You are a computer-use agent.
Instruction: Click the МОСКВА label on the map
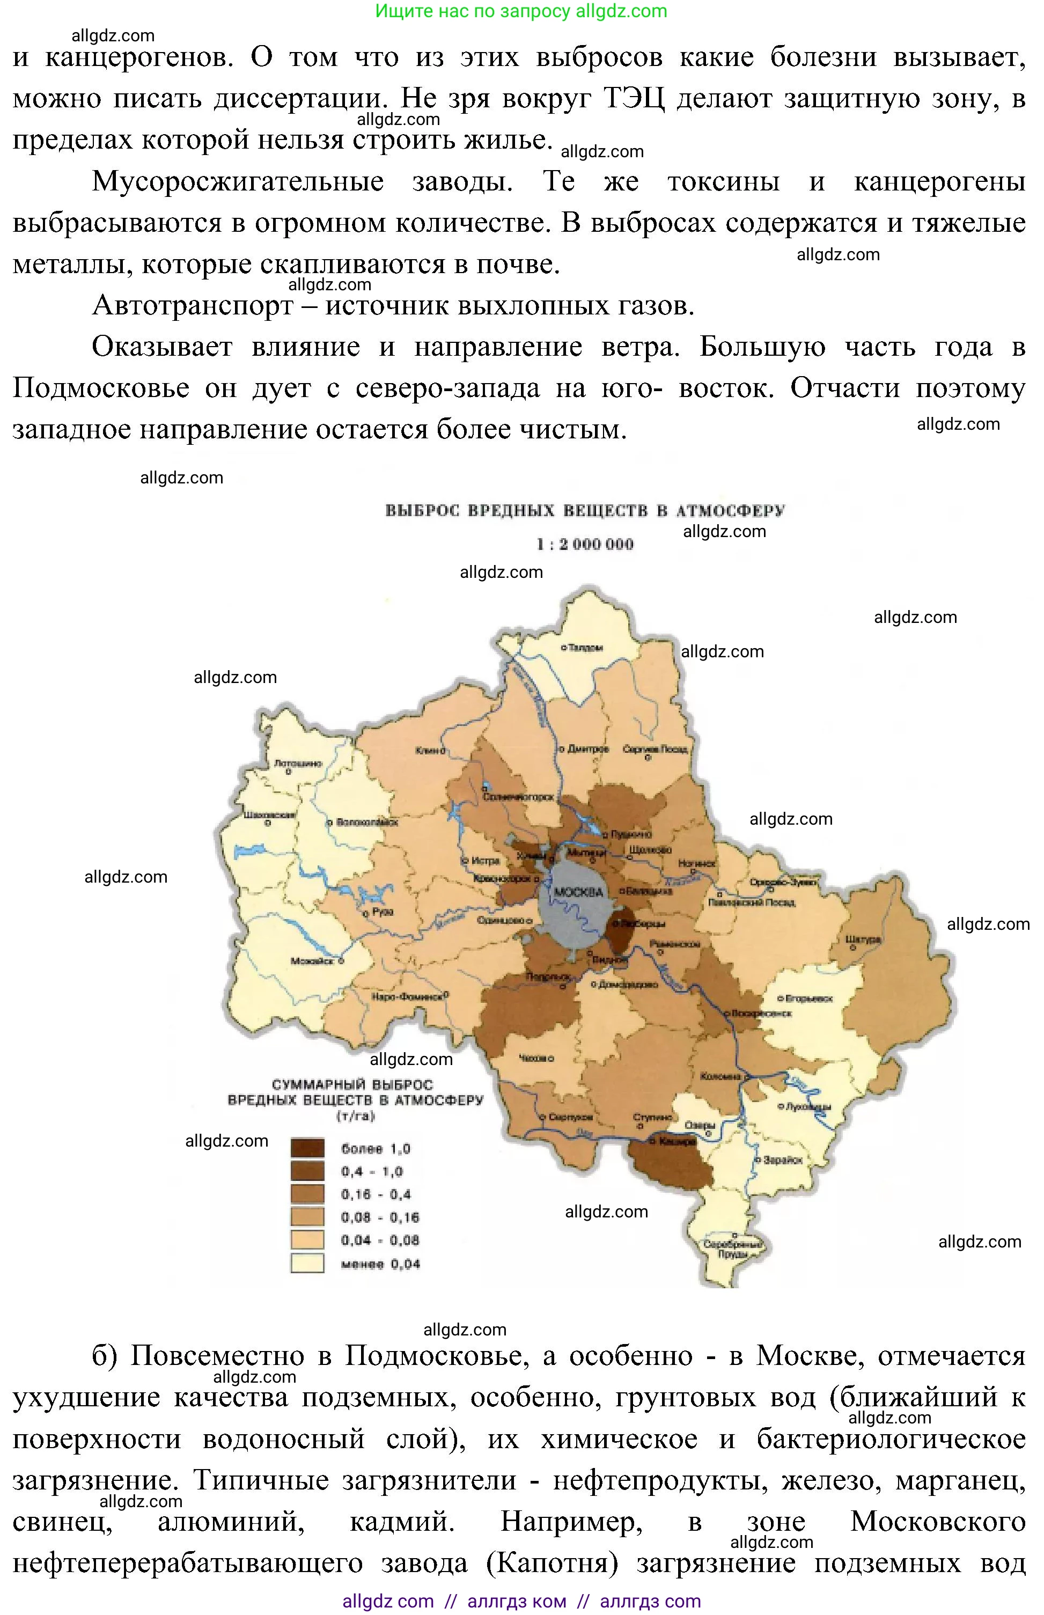pyautogui.click(x=578, y=892)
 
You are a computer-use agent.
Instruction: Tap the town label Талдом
pyautogui.click(x=585, y=648)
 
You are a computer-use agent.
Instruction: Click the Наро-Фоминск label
pyautogui.click(x=407, y=997)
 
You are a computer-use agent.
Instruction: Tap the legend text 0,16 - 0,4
pyautogui.click(x=376, y=1194)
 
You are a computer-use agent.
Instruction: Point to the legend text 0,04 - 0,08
pyautogui.click(x=380, y=1240)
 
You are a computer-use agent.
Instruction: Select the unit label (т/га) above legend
pyautogui.click(x=355, y=1116)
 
